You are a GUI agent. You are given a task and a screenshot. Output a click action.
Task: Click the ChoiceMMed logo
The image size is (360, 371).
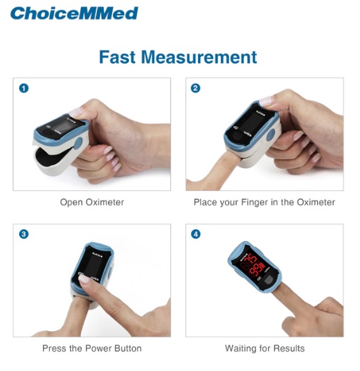[x=74, y=13]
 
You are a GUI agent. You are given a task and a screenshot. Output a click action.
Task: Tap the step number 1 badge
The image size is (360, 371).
[x=24, y=88]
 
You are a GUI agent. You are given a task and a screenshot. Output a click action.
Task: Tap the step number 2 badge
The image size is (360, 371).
[x=196, y=88]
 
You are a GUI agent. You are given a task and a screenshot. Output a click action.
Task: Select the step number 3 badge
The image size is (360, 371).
[x=24, y=234]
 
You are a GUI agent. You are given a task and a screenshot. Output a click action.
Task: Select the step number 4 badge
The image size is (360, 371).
[x=196, y=234]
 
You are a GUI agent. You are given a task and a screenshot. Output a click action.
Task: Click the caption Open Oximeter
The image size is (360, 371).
[x=92, y=202]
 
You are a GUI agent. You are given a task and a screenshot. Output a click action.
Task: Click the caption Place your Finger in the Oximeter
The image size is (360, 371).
[x=264, y=202]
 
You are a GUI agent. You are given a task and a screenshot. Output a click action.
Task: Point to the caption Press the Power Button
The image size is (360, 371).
[x=92, y=348]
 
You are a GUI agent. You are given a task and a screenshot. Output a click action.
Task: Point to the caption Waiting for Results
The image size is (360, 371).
[x=264, y=348]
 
